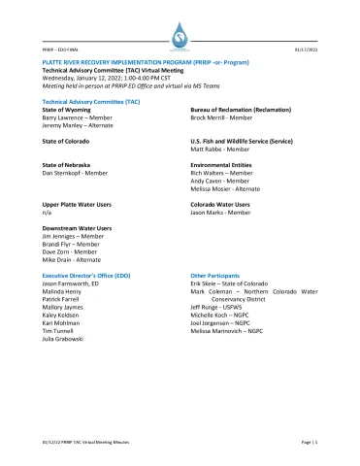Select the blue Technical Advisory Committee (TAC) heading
point(84,101)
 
